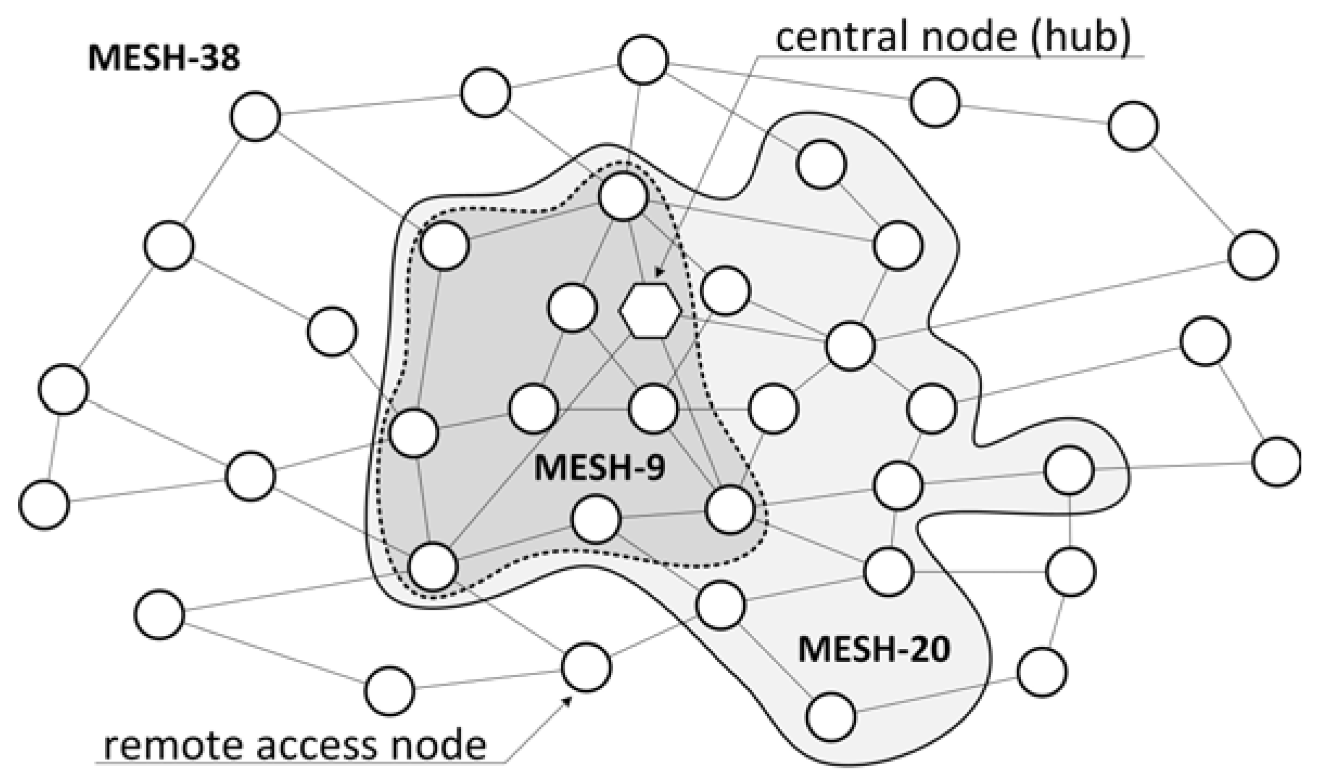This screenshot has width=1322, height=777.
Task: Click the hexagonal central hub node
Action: click(x=650, y=311)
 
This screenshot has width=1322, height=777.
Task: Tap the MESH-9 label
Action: click(x=599, y=468)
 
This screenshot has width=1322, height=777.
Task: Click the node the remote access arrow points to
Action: click(x=585, y=667)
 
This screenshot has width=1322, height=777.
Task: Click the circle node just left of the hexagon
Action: click(x=572, y=308)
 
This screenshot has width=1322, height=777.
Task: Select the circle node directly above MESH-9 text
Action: click(x=653, y=408)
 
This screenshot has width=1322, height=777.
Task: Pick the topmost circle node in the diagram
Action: click(x=643, y=59)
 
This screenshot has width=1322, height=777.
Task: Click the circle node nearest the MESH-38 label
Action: click(x=255, y=116)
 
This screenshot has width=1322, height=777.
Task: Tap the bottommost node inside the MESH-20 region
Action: click(x=831, y=717)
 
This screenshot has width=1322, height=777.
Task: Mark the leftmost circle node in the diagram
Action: click(x=44, y=504)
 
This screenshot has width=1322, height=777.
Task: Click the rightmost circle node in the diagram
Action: click(x=1276, y=461)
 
